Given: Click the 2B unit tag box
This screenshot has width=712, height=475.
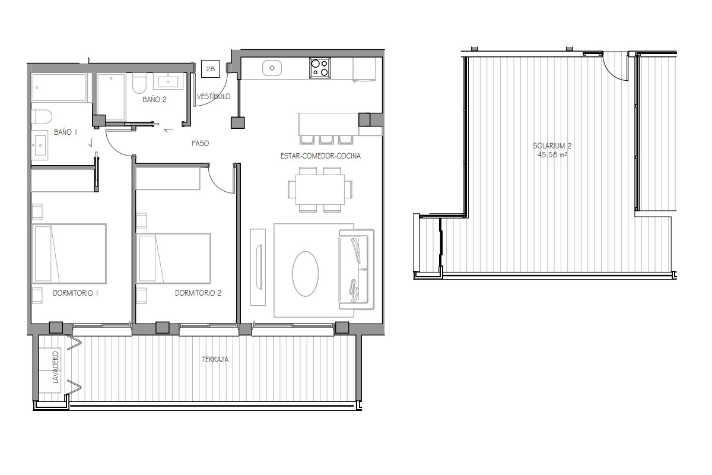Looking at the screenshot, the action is [x=211, y=69].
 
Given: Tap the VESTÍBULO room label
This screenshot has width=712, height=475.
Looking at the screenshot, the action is [x=214, y=96].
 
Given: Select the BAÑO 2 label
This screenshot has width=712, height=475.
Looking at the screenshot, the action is [x=154, y=100].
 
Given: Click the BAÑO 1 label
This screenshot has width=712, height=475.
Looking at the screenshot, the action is [x=65, y=132].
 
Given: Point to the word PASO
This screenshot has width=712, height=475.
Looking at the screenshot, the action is [x=201, y=144].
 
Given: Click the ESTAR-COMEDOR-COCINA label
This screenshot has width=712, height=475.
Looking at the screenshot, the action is [x=320, y=156].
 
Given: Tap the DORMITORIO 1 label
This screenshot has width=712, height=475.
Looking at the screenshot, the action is [x=75, y=293].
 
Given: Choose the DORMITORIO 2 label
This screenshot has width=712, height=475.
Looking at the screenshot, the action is [x=198, y=293].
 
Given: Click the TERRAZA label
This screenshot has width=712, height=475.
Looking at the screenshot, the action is [x=215, y=359].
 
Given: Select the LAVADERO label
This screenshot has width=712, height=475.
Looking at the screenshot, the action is [x=56, y=367].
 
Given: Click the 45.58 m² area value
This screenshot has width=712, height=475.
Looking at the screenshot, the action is [x=552, y=154].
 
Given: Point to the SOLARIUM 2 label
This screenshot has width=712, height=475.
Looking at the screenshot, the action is [x=552, y=145].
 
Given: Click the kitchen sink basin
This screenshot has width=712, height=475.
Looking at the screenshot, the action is [x=272, y=68].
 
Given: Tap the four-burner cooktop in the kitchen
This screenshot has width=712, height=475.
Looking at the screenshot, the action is [x=320, y=68].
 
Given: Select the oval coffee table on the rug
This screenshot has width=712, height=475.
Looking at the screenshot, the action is [x=305, y=274].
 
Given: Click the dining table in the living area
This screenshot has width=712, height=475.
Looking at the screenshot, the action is [x=320, y=189].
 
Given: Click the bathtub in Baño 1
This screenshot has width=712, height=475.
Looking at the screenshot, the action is [x=59, y=87].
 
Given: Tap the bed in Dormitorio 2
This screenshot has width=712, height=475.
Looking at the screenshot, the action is [x=173, y=258].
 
